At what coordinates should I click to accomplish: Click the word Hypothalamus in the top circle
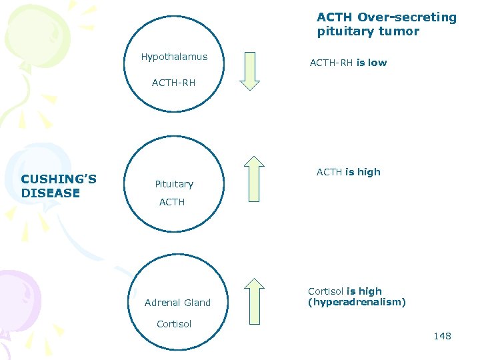click(x=174, y=57)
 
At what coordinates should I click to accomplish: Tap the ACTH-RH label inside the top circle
click(x=173, y=83)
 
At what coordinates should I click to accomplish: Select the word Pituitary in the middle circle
click(x=174, y=184)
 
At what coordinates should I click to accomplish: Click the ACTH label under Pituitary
click(x=172, y=202)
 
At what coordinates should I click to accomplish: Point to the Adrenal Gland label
click(x=177, y=303)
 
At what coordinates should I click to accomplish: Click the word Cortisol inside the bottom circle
click(x=174, y=324)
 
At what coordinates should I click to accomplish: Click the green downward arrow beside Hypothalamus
click(x=250, y=70)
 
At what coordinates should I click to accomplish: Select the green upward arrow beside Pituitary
click(x=254, y=178)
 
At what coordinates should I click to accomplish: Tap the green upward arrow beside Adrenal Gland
click(x=254, y=301)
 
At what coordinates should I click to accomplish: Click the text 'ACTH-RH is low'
click(x=348, y=63)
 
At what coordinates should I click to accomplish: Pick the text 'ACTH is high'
click(x=348, y=172)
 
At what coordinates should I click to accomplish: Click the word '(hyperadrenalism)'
click(x=357, y=302)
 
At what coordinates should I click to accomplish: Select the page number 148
click(x=442, y=336)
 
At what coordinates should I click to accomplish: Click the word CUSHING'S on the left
click(x=59, y=179)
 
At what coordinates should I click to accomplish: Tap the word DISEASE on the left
click(x=51, y=193)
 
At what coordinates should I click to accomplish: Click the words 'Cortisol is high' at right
click(x=345, y=291)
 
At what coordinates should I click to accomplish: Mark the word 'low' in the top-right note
click(x=377, y=63)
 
